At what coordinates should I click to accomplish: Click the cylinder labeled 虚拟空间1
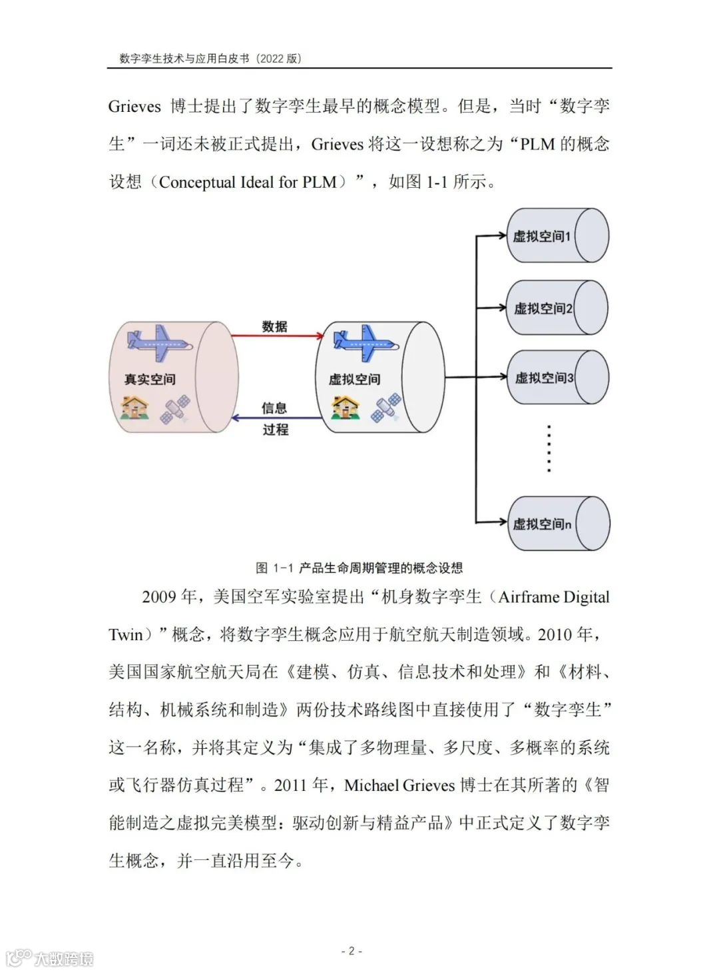(558, 236)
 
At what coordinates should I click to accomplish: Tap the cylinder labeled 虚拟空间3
(558, 378)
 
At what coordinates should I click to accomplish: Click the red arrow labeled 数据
(276, 336)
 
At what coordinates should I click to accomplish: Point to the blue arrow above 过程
(276, 418)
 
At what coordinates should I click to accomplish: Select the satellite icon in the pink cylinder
(176, 410)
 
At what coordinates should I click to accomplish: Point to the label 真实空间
(150, 379)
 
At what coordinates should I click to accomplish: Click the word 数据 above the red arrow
(274, 326)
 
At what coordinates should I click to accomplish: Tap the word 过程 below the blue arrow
(275, 430)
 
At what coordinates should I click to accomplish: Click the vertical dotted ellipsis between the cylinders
(549, 448)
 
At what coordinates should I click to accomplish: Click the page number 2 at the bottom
(352, 951)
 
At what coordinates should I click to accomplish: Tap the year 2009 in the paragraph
(159, 597)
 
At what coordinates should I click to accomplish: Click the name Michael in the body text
(371, 785)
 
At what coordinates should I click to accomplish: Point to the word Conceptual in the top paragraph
(199, 182)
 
